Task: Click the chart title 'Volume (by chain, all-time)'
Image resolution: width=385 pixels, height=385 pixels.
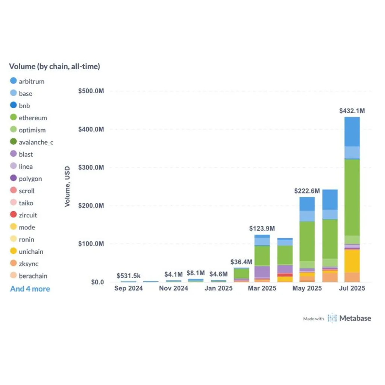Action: tap(55, 66)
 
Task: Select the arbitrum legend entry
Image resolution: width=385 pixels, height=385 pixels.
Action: tap(27, 81)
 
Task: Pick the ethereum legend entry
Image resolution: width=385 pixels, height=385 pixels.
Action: tap(29, 118)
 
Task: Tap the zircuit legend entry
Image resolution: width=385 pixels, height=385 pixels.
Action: tap(24, 215)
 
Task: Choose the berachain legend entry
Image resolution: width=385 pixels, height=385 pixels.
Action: tap(29, 276)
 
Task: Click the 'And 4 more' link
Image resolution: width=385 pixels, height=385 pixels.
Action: tap(30, 289)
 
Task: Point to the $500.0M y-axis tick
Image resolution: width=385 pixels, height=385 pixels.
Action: tap(91, 91)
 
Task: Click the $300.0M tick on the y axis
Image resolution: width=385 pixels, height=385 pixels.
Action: tap(91, 167)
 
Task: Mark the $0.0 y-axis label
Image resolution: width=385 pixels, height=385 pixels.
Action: tap(97, 282)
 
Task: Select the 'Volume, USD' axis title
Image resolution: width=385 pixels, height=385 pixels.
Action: tap(67, 186)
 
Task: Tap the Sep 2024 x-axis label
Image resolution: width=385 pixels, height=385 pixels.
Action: tap(129, 288)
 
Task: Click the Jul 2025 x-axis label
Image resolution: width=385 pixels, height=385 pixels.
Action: tap(352, 288)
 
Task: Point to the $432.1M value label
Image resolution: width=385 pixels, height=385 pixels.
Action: tap(352, 111)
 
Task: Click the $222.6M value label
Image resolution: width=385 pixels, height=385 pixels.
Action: tap(307, 191)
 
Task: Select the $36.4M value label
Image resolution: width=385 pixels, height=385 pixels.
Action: tap(241, 262)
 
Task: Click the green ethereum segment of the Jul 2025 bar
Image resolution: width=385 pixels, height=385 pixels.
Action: tap(352, 197)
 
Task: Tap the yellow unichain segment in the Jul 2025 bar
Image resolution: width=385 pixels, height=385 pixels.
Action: tap(352, 261)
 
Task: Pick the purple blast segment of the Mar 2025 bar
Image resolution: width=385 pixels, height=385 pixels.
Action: tap(262, 272)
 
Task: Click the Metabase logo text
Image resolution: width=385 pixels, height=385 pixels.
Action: tap(355, 318)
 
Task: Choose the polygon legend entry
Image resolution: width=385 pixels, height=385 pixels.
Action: tap(26, 179)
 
